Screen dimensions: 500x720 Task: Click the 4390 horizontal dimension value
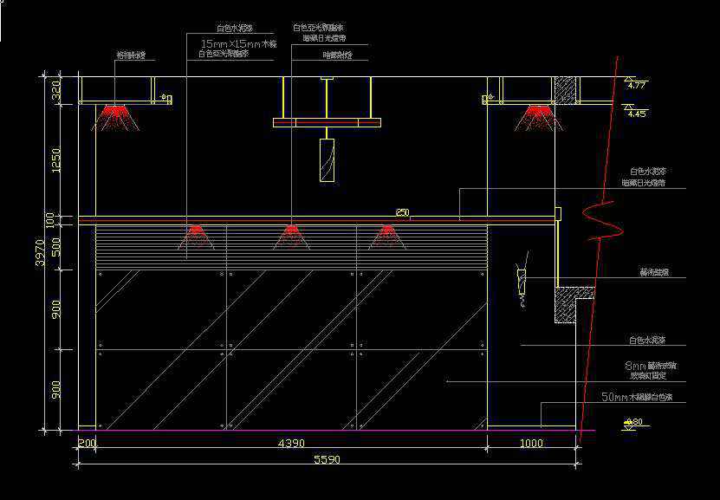pyautogui.click(x=290, y=444)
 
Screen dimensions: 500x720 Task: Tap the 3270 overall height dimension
pyautogui.click(x=41, y=252)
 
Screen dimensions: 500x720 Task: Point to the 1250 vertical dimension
pyautogui.click(x=56, y=159)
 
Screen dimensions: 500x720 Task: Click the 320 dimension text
pyautogui.click(x=56, y=90)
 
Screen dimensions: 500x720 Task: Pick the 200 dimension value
pyautogui.click(x=87, y=444)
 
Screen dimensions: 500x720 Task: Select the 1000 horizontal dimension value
pyautogui.click(x=531, y=444)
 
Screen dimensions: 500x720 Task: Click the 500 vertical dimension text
pyautogui.click(x=56, y=249)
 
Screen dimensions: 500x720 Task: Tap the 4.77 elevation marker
pyautogui.click(x=637, y=85)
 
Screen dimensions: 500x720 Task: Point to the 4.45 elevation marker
pyautogui.click(x=637, y=114)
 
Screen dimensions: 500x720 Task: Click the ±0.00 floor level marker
pyautogui.click(x=634, y=423)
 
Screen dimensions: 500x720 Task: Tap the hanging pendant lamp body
pyautogui.click(x=327, y=160)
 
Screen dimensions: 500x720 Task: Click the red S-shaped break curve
pyautogui.click(x=601, y=221)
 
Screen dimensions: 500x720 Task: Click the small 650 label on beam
pyautogui.click(x=402, y=211)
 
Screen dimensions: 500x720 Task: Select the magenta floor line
pyautogui.click(x=329, y=430)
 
